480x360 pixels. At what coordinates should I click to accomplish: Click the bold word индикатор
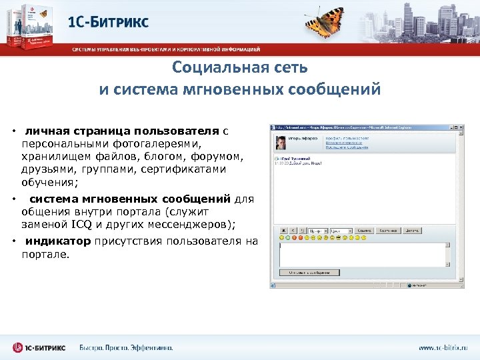click(x=59, y=241)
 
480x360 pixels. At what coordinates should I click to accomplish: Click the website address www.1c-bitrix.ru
click(x=443, y=347)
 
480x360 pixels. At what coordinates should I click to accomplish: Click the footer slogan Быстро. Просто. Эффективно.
click(x=126, y=347)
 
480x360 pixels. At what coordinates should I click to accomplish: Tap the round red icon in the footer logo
click(x=18, y=347)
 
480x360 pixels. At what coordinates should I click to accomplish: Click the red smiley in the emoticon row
click(x=301, y=237)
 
